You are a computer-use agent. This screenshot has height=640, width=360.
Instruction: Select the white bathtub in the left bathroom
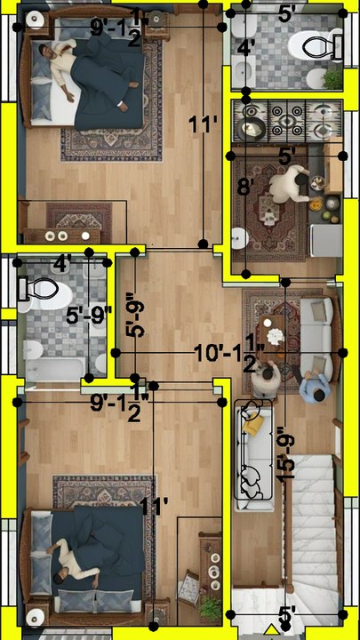[x=55, y=369]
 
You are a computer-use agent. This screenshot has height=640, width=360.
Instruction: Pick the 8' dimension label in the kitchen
[x=244, y=187]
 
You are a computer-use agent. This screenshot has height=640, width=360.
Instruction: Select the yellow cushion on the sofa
[x=251, y=425]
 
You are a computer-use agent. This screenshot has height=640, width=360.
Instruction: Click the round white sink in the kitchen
[x=240, y=238]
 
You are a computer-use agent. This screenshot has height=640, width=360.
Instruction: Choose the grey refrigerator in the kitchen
[x=325, y=240]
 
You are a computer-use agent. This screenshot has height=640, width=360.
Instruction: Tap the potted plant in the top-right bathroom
[x=332, y=78]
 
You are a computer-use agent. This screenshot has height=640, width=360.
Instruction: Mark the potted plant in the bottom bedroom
[x=210, y=609]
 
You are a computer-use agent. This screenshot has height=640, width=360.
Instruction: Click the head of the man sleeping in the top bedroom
[x=46, y=52]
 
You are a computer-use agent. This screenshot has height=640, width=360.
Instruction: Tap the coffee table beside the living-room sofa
[x=271, y=335]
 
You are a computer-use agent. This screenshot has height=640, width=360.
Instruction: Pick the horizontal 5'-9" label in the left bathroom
[x=89, y=315]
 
